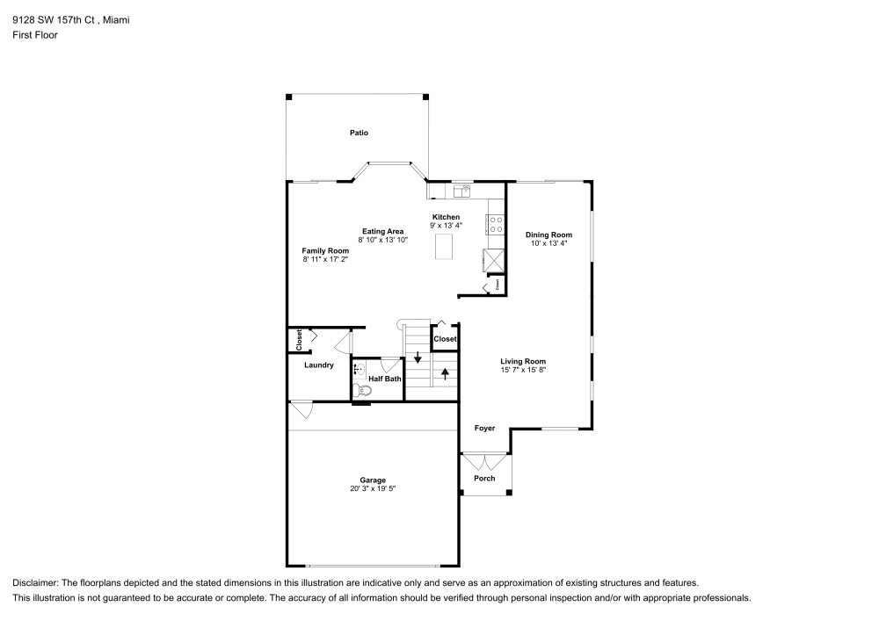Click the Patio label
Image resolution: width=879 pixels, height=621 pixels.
(358, 133)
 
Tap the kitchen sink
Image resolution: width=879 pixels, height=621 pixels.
(461, 189)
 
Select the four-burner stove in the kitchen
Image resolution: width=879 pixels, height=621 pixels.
(496, 224)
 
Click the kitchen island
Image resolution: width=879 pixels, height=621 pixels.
(446, 246)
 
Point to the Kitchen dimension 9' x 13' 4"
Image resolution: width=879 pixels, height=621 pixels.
(446, 226)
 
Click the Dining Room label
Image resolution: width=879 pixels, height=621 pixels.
(548, 235)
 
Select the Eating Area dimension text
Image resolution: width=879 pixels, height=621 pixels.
(383, 240)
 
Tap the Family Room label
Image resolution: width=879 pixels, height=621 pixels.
(325, 250)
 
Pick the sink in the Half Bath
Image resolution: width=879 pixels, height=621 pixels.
(360, 369)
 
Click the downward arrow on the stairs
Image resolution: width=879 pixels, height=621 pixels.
(418, 357)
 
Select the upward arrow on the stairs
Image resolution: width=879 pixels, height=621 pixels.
(445, 372)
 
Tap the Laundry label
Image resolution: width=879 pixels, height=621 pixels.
(318, 365)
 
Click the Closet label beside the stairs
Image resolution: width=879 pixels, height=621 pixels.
(445, 338)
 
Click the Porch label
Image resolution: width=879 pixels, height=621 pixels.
(484, 478)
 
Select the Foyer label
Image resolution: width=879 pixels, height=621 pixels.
(484, 428)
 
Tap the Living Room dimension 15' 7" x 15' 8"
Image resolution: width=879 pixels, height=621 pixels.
(523, 370)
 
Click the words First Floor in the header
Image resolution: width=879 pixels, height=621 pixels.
(35, 35)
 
